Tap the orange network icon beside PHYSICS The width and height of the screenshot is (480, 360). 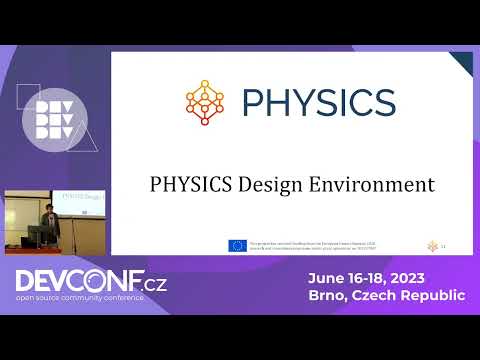pos(206,102)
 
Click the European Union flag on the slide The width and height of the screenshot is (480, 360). pos(237,244)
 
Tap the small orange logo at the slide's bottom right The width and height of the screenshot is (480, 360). pos(433,244)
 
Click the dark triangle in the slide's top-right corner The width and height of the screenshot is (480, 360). pos(463,61)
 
